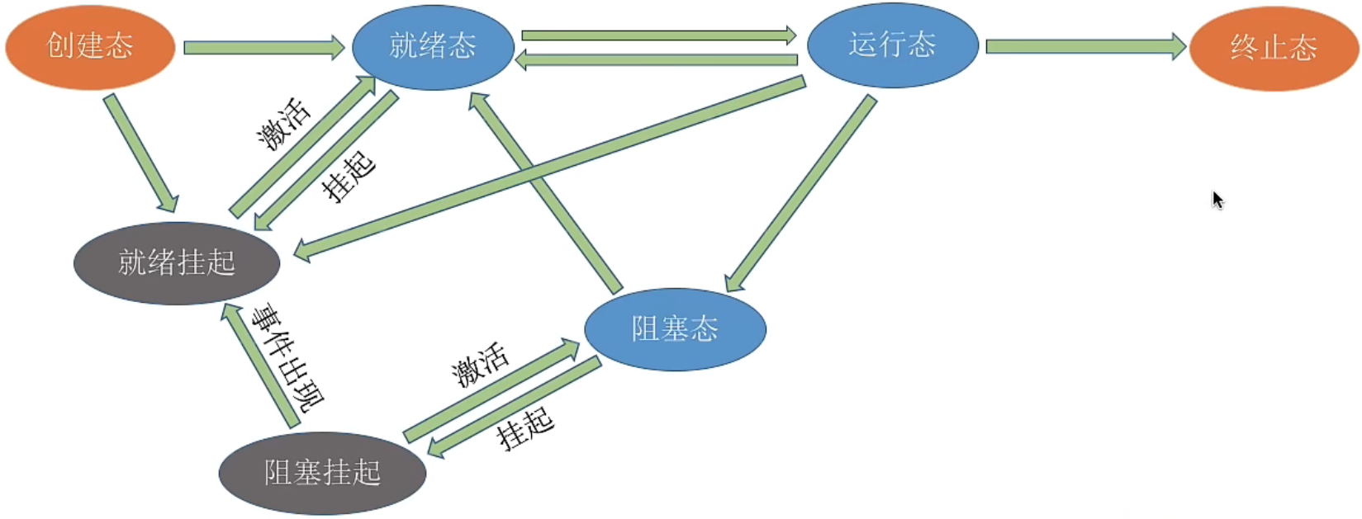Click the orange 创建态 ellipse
90,46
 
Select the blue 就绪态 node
433,46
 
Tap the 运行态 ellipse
892,45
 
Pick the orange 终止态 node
1274,48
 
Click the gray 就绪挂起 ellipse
177,263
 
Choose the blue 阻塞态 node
675,329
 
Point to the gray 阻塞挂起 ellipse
322,473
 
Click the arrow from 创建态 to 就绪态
263,48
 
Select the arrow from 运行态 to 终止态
1084,46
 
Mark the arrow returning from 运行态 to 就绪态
657,59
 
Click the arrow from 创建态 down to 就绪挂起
140,153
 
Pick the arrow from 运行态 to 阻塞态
800,194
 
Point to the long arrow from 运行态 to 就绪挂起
549,168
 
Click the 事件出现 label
288,358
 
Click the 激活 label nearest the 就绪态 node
284,125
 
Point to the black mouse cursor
1217,199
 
